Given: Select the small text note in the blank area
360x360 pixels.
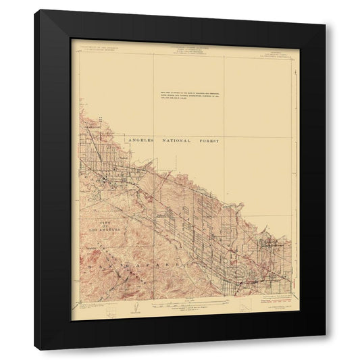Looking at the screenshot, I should pyautogui.click(x=201, y=94).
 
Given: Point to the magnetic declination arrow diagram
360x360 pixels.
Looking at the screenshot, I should pyautogui.click(x=133, y=307).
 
